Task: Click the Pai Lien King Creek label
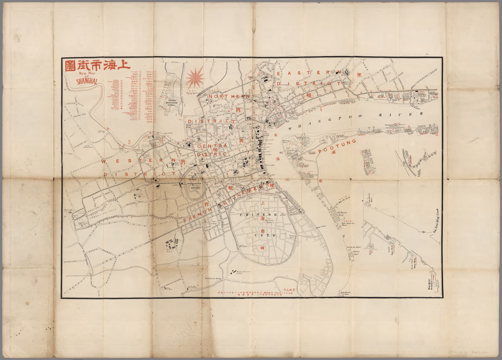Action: point(435,223)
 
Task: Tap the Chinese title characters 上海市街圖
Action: point(98,65)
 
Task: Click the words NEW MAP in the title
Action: point(85,73)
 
